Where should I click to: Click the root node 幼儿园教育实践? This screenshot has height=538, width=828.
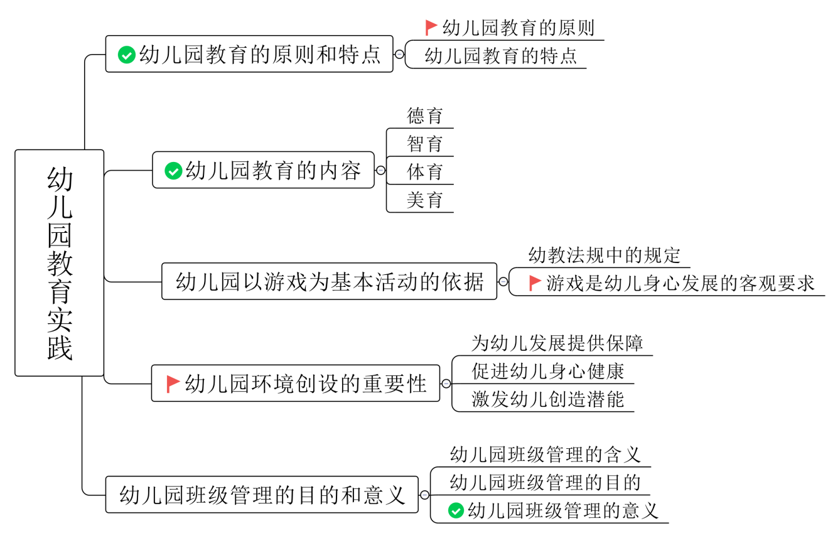60,263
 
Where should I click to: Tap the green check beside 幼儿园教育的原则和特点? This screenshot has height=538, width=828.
127,55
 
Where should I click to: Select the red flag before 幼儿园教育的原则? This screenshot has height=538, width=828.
431,28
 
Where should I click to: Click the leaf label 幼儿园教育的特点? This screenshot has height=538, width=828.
500,56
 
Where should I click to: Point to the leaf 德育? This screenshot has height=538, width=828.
425,116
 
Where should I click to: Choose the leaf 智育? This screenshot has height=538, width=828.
425,144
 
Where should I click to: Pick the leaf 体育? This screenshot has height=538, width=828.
425,172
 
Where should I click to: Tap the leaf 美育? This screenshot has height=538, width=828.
425,200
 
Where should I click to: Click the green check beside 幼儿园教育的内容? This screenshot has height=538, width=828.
173,171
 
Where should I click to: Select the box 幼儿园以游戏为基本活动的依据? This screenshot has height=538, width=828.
329,282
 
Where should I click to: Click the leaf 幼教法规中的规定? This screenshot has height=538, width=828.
604,256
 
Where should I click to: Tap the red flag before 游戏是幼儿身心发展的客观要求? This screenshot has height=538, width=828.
535,283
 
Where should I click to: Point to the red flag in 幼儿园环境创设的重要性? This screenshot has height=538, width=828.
173,384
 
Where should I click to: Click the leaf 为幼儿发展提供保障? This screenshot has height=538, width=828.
557,343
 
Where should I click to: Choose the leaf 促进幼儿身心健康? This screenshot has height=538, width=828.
547,372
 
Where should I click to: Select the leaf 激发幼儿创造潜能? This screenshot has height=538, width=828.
547,399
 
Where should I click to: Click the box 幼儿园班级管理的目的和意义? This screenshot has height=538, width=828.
262,495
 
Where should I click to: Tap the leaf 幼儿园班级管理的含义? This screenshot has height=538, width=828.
545,454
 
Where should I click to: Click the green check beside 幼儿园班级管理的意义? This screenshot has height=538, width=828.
456,511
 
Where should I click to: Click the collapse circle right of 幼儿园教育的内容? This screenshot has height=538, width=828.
380,170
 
